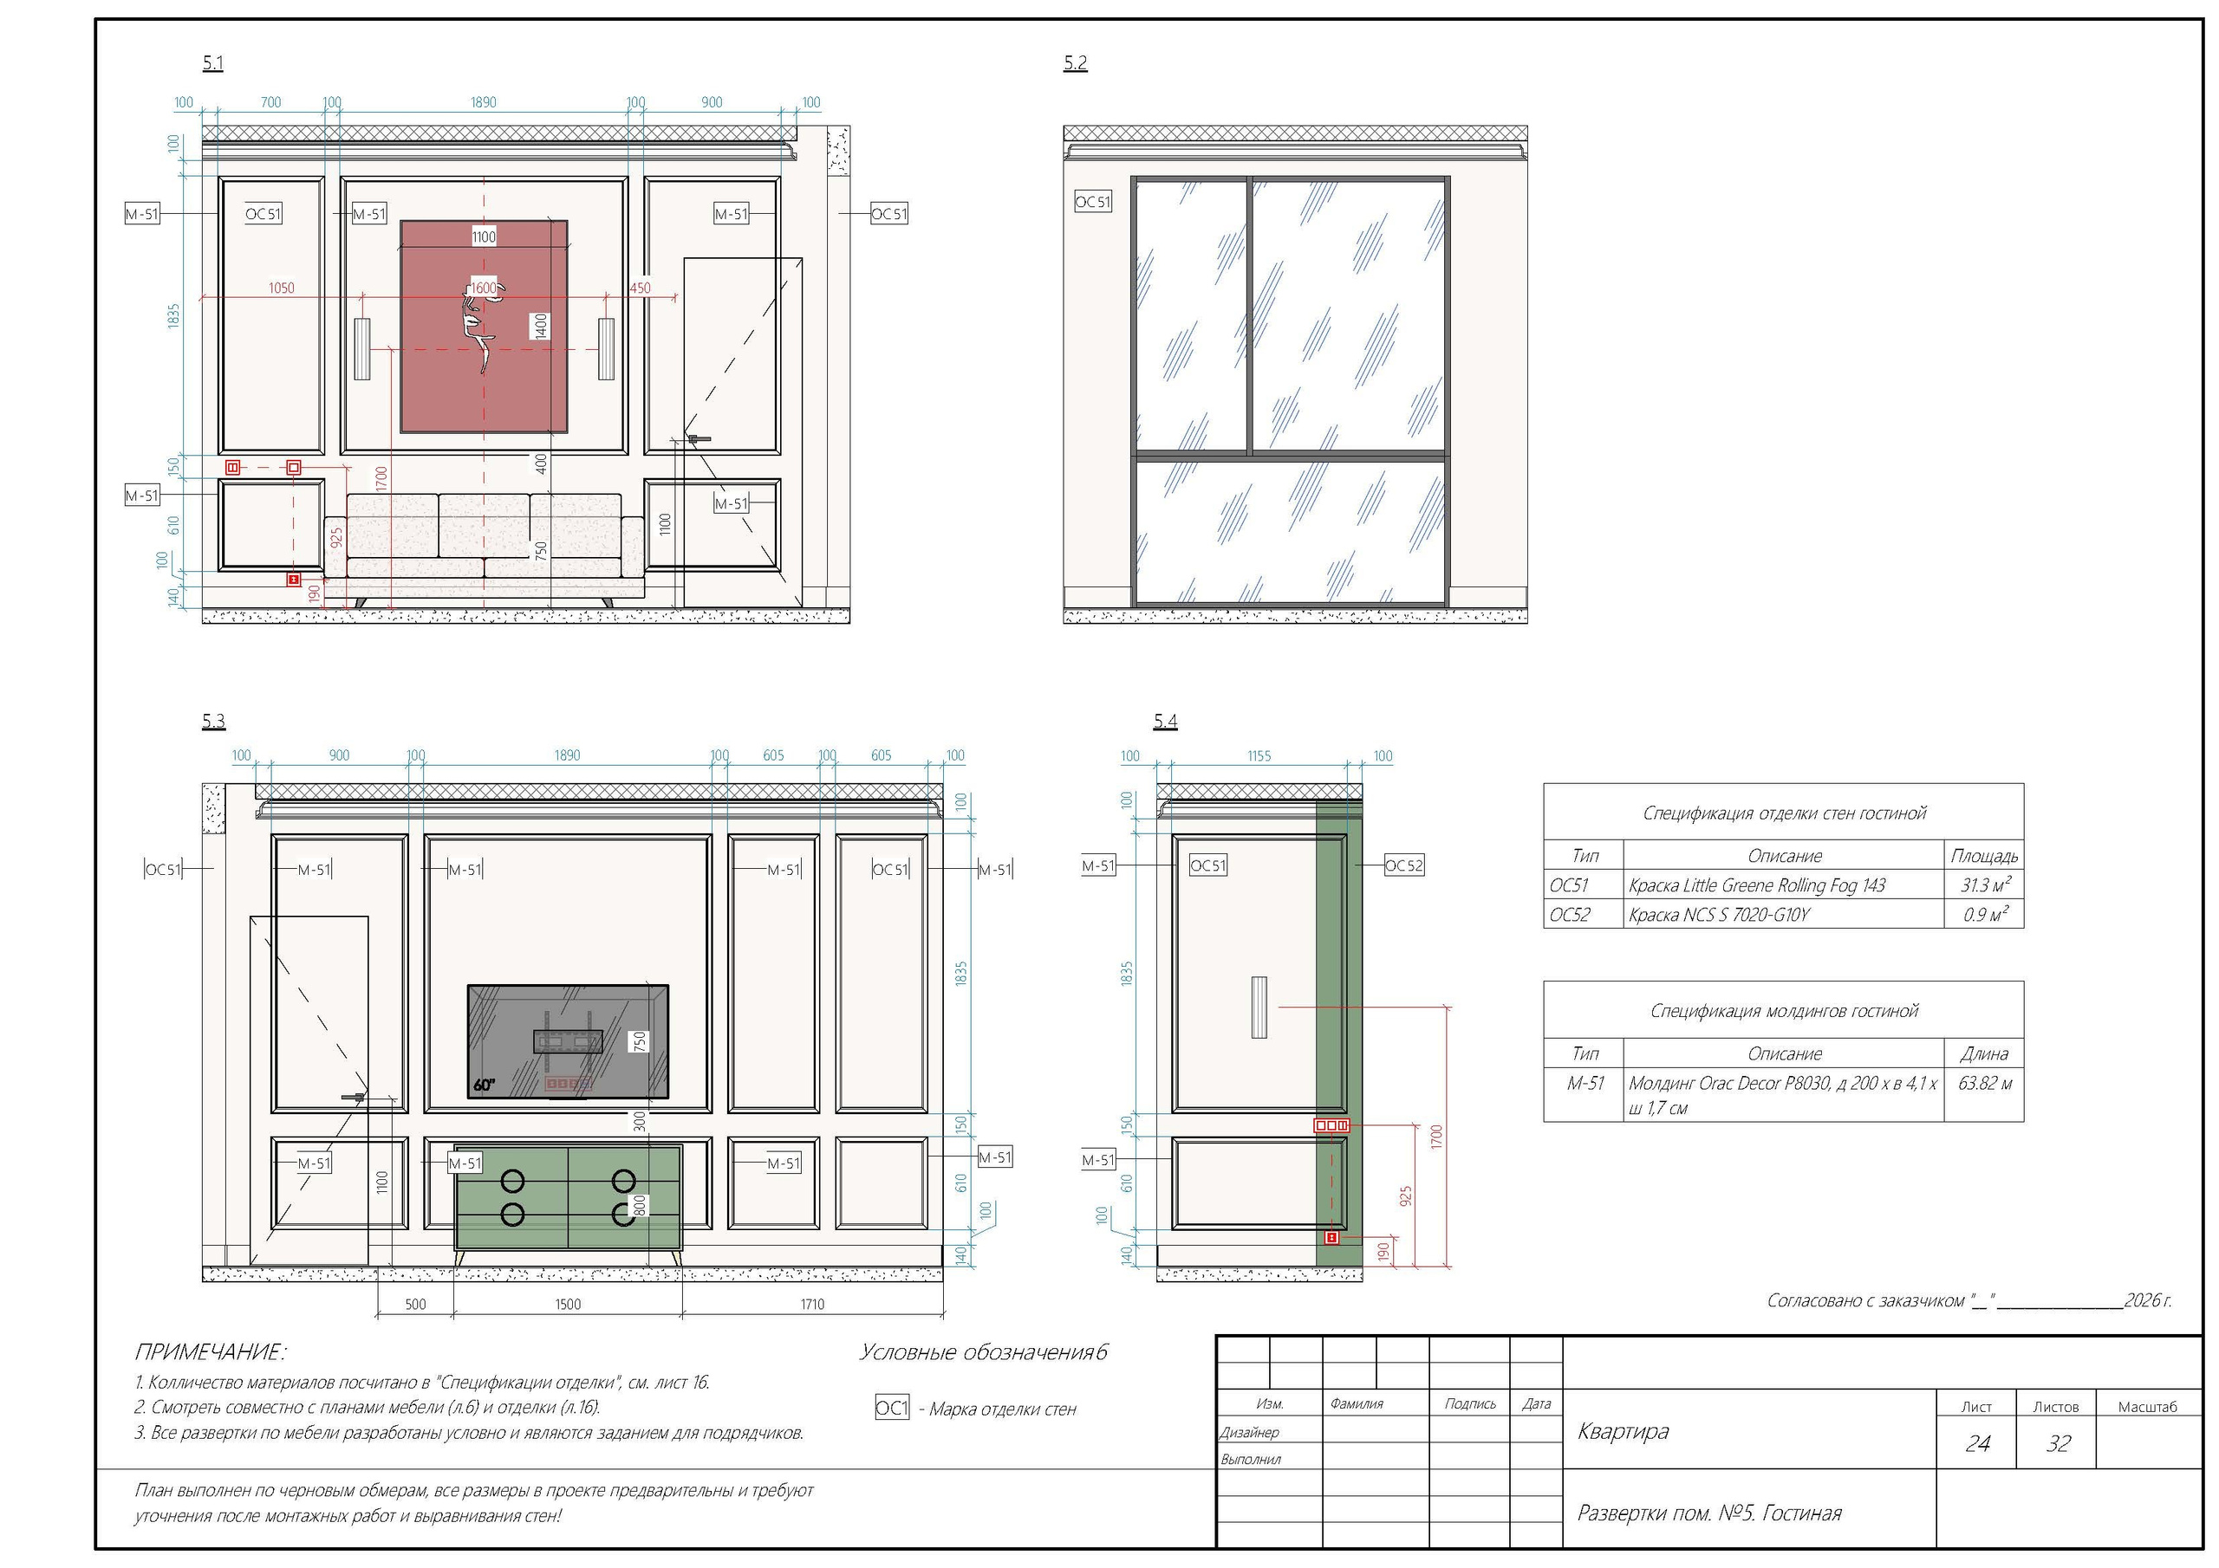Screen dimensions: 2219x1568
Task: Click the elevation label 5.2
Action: pos(1075,62)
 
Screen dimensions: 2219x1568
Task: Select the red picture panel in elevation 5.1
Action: pos(485,327)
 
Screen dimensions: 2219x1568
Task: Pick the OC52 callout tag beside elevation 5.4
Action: pos(1403,865)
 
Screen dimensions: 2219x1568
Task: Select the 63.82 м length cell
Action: pos(1985,1083)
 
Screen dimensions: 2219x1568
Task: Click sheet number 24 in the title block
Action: pos(1977,1443)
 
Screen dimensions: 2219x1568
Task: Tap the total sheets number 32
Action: pos(2059,1443)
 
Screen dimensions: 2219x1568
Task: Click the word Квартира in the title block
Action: pos(1623,1431)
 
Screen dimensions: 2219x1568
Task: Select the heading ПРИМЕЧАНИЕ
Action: pos(210,1351)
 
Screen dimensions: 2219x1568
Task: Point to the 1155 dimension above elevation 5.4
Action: pos(1259,755)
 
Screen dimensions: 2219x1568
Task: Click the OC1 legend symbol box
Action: pos(892,1409)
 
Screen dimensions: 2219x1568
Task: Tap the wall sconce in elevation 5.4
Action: pos(1259,1007)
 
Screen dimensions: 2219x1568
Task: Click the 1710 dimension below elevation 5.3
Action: pos(813,1305)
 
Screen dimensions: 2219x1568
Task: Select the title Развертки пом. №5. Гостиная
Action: pos(1708,1513)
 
